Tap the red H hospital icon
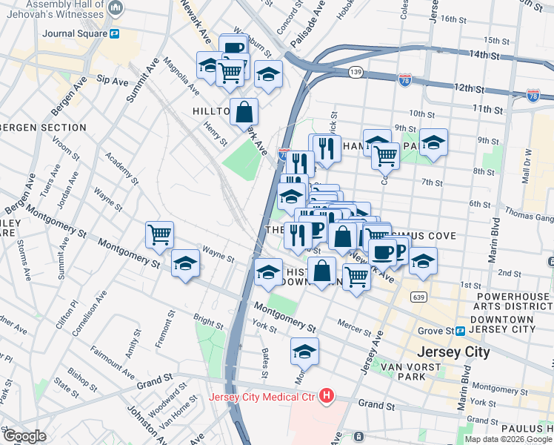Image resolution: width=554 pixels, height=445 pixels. pyautogui.click(x=326, y=397)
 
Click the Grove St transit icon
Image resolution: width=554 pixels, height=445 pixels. pyautogui.click(x=460, y=330)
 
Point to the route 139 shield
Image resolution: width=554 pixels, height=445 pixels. pyautogui.click(x=356, y=72)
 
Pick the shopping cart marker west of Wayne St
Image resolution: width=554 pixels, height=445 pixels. pyautogui.click(x=160, y=235)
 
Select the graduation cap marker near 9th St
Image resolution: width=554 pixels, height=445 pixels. pyautogui.click(x=433, y=141)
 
